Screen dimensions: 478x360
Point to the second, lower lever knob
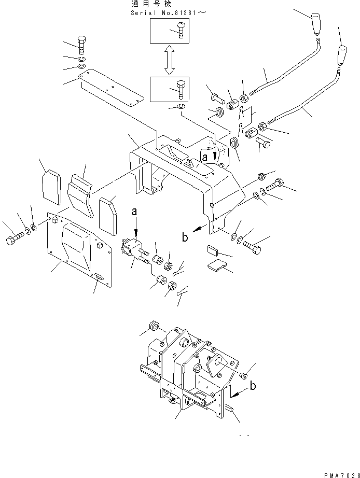(x=343, y=55)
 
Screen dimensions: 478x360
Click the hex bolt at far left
(x=13, y=241)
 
